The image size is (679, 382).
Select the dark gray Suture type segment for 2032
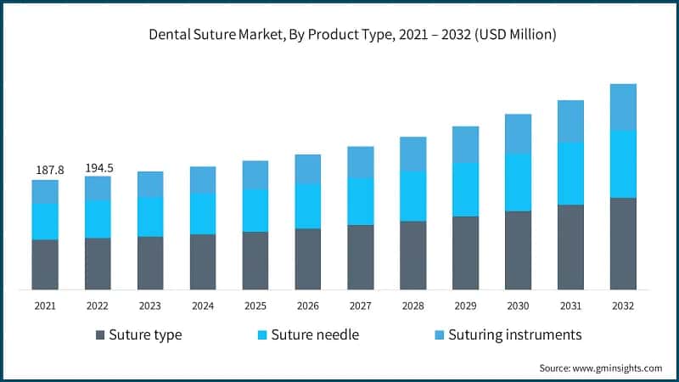pos(623,244)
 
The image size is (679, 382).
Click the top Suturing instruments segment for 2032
pos(623,107)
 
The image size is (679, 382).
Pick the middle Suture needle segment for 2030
pos(518,183)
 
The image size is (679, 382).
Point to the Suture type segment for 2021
pos(45,264)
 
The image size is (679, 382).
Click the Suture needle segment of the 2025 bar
pos(255,210)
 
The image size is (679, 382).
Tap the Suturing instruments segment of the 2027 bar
pos(360,162)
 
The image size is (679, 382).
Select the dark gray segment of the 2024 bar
pos(203,261)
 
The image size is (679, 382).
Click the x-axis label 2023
pos(150,305)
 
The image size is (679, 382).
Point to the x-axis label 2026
pos(308,305)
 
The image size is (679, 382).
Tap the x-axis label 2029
pos(465,305)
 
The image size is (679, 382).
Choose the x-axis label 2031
pos(570,305)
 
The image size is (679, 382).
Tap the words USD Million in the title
pos(518,36)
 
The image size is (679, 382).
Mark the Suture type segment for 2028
pos(412,255)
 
